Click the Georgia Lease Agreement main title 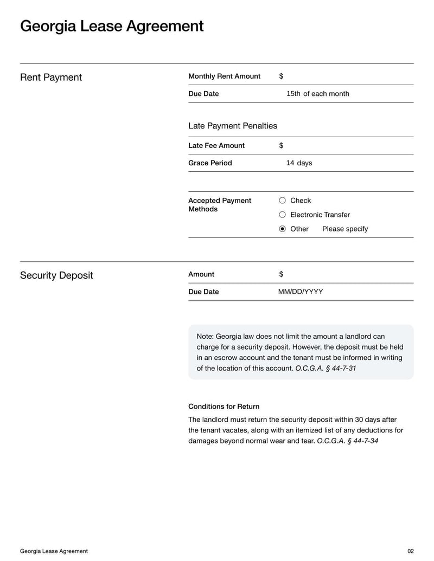112,26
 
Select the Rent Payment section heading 51,78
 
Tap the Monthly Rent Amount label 224,76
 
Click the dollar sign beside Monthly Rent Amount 281,76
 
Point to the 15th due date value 293,94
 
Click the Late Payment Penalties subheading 233,126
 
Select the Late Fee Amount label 216,146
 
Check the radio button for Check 282,201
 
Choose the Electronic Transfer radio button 282,215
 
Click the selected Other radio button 282,229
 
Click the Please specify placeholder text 345,229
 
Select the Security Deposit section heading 56,275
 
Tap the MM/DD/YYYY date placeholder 301,292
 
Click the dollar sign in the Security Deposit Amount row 281,274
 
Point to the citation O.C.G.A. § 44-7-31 325,369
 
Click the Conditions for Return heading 224,407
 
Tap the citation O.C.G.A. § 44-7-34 347,441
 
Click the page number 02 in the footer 410,551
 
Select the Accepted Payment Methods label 220,205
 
